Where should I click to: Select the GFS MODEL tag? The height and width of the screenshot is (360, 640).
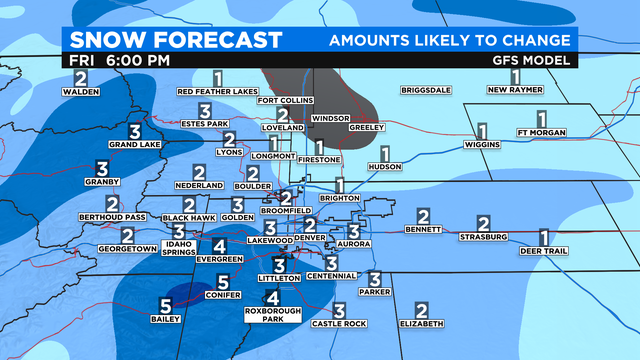click(538, 60)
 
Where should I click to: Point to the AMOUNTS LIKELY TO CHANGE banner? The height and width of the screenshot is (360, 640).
click(450, 40)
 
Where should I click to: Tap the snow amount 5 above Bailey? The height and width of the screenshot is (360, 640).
click(165, 306)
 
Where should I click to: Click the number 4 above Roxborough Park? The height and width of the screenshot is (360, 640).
click(273, 297)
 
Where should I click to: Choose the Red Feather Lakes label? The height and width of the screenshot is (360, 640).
click(218, 92)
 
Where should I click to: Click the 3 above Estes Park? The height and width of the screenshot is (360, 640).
click(205, 111)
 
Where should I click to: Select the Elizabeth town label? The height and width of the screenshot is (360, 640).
click(421, 324)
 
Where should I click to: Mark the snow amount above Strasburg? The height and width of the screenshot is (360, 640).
click(483, 224)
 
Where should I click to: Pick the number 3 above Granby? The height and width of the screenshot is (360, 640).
click(102, 168)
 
